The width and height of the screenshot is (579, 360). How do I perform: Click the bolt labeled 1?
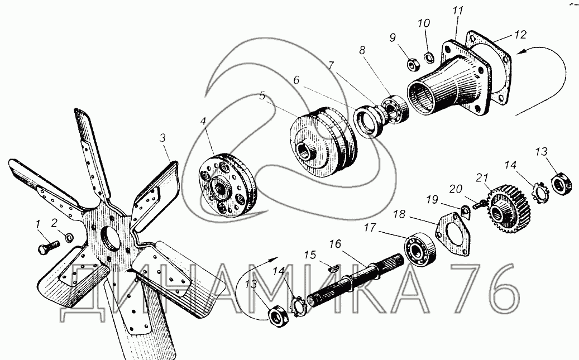49,247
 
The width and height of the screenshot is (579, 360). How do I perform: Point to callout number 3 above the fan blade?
163,138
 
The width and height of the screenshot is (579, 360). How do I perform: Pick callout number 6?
296,80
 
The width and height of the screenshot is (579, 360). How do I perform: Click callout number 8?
362,50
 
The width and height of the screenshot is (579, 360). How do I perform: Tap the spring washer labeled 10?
429,57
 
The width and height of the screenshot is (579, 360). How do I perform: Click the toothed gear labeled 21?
509,211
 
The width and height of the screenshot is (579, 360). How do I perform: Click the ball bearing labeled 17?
420,250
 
